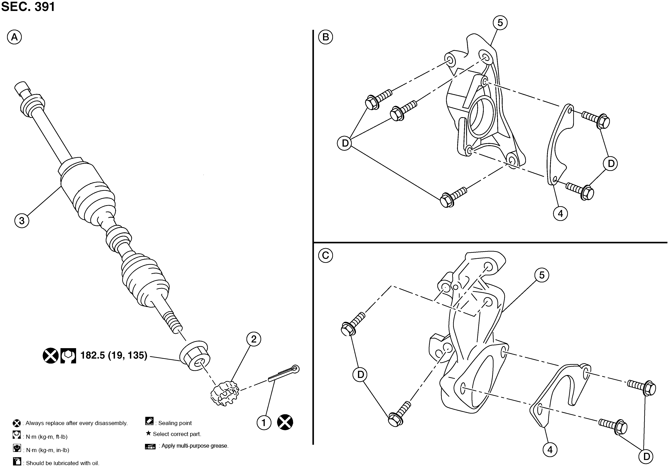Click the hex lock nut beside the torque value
tap(195, 355)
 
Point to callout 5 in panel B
tap(500, 23)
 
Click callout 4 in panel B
tap(560, 214)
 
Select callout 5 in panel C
tap(542, 275)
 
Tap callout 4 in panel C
tap(550, 450)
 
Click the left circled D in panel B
tap(345, 143)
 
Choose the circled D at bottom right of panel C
tap(646, 457)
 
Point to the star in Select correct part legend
tap(148, 433)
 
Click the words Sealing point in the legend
tap(175, 423)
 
